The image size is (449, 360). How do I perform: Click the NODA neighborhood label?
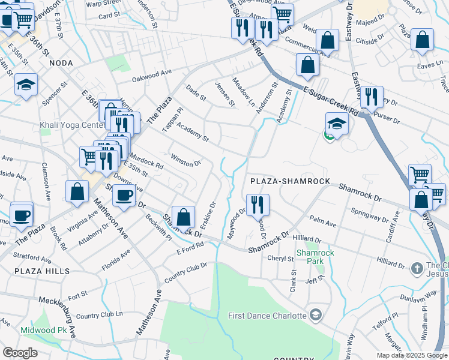tap(62, 63)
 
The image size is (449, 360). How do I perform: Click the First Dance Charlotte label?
tap(268, 315)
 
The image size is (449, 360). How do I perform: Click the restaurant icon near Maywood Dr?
tap(258, 204)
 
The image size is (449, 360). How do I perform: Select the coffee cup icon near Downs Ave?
tap(124, 196)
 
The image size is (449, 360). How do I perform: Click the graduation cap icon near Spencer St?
tap(26, 85)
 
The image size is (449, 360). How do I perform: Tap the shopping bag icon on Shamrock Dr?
tap(183, 217)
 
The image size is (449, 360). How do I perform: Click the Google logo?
tap(20, 353)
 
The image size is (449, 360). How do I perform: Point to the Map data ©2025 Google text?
tap(412, 355)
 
